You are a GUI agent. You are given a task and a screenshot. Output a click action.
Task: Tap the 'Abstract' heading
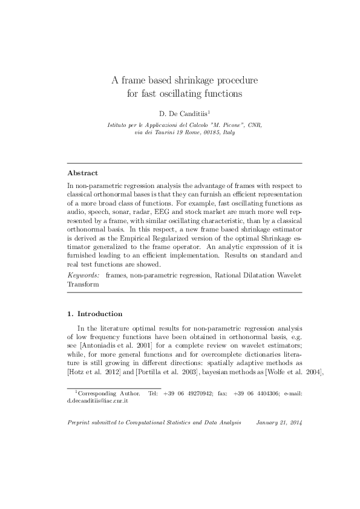point(83,172)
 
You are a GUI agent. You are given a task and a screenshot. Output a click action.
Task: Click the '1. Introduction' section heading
point(94,314)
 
